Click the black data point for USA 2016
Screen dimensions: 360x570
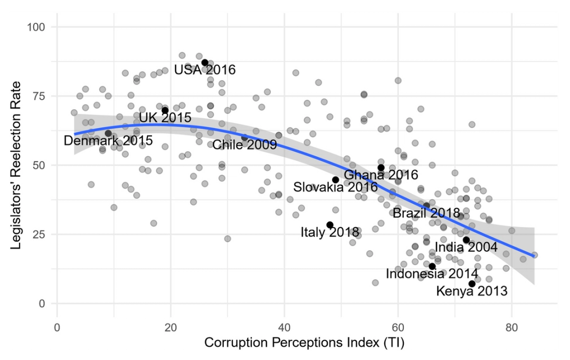click(x=205, y=63)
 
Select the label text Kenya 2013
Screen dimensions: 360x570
click(x=472, y=291)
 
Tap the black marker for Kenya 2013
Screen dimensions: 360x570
click(x=472, y=284)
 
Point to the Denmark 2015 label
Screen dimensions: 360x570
click(x=108, y=141)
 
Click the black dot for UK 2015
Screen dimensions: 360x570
click(x=165, y=110)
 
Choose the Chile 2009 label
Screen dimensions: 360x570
click(x=244, y=145)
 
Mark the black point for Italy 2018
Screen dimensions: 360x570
click(x=330, y=225)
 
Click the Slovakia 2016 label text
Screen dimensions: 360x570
click(x=335, y=187)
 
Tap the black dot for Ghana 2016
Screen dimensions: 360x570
click(x=381, y=168)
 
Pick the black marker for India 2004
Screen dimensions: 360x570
click(x=466, y=240)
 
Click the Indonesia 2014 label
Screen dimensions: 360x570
click(x=432, y=273)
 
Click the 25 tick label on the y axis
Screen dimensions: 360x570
click(x=41, y=234)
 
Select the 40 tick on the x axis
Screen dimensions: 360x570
click(x=284, y=326)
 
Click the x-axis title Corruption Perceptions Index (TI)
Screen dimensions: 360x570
click(x=304, y=343)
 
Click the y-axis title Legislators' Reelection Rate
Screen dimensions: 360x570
click(x=16, y=164)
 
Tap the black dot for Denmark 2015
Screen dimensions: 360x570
click(x=108, y=134)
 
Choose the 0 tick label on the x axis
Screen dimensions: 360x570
click(x=57, y=326)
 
